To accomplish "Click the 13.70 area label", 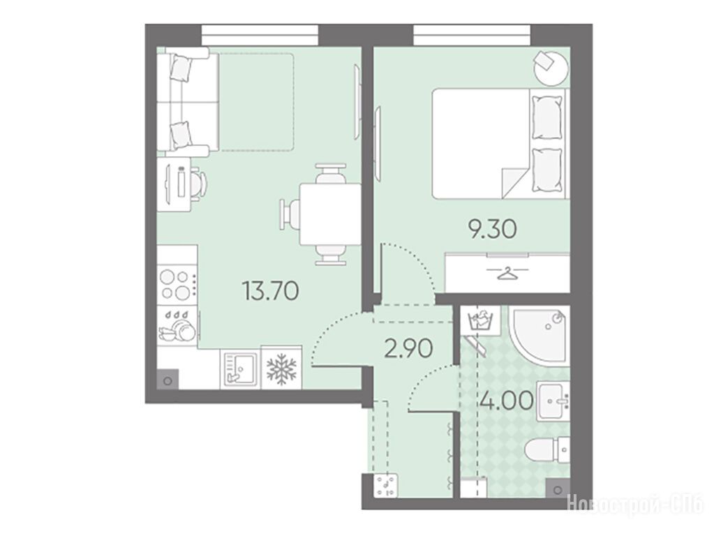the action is pyautogui.click(x=271, y=290).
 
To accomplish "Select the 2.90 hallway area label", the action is pyautogui.click(x=408, y=349).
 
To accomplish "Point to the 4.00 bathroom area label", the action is pyautogui.click(x=507, y=401).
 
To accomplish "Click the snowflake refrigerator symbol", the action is pyautogui.click(x=281, y=368).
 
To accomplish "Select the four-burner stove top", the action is pyautogui.click(x=177, y=284).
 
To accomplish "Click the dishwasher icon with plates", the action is pyautogui.click(x=177, y=326).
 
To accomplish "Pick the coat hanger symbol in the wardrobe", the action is pyautogui.click(x=507, y=274).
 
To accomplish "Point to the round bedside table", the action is pyautogui.click(x=551, y=68).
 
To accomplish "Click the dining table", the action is pyautogui.click(x=329, y=214).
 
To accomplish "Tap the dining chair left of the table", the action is pyautogui.click(x=290, y=214).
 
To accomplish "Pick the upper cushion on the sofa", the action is pyautogui.click(x=181, y=68).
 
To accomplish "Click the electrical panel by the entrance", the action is pyautogui.click(x=386, y=486).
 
